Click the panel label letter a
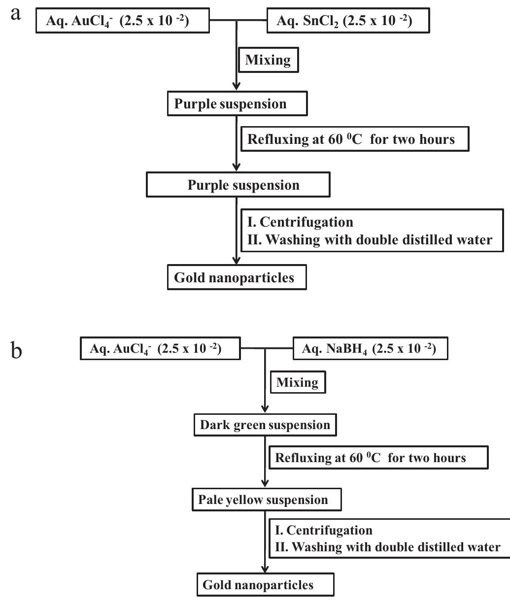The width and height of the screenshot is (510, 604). point(17,13)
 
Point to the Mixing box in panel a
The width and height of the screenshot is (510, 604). point(268,60)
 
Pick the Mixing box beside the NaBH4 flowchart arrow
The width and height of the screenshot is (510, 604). point(298,382)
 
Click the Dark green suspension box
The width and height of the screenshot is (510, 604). point(265,425)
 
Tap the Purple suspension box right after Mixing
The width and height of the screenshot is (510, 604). point(237,104)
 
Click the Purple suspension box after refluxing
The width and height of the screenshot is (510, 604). point(238,185)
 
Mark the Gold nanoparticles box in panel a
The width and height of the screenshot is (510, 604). point(237,278)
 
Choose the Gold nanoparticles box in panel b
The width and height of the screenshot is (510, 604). point(265,585)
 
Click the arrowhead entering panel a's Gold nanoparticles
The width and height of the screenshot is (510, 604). point(238,263)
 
